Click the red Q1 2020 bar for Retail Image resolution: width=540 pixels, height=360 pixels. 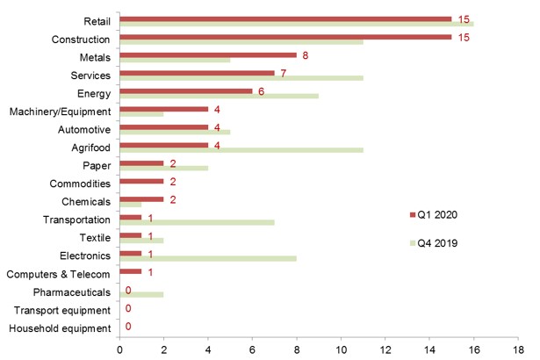pos(285,18)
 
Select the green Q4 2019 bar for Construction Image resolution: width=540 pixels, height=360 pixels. pos(241,41)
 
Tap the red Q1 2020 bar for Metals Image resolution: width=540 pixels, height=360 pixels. pos(207,54)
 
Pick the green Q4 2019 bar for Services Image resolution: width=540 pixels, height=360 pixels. pos(241,78)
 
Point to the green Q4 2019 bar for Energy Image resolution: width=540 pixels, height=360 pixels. pos(219,96)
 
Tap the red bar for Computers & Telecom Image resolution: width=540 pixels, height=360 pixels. pos(130,271)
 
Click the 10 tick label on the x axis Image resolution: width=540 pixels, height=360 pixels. pos(341,349)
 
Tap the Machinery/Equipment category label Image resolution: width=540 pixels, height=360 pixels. pos(60,112)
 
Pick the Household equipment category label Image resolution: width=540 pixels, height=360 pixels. pos(60,329)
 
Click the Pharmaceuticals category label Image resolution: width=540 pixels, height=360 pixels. pos(71,292)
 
